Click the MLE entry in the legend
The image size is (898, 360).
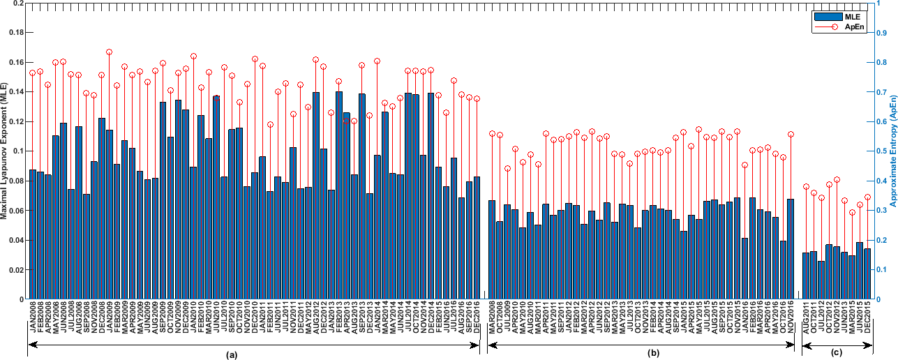tap(854, 15)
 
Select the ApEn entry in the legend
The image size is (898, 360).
tap(855, 26)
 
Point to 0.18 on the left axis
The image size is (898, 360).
tap(14, 33)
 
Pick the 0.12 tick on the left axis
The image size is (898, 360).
tap(14, 121)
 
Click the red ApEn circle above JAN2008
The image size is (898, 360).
tap(32, 73)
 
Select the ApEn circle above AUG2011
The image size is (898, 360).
tap(806, 187)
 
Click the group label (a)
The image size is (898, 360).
tap(232, 354)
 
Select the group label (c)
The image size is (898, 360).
tap(837, 354)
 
